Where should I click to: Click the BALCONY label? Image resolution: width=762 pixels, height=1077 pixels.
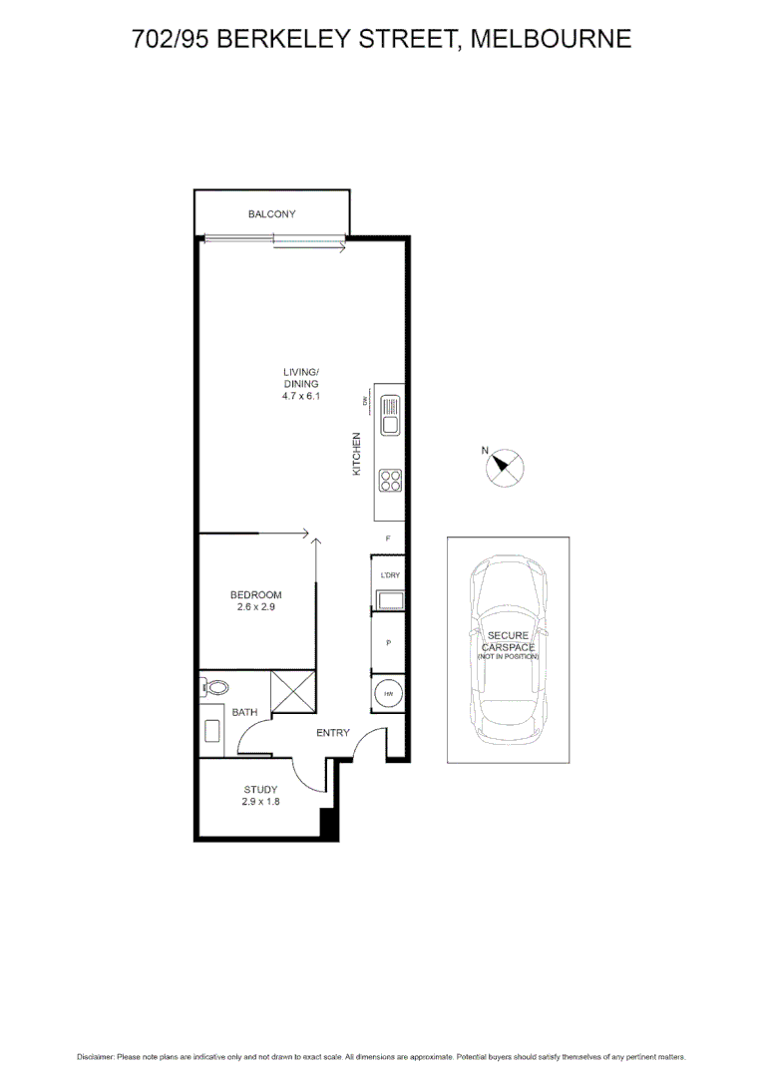pyautogui.click(x=271, y=214)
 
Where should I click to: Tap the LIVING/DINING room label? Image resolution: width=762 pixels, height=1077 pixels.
pyautogui.click(x=300, y=378)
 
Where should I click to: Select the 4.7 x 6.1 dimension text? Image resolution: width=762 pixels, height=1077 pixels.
pyautogui.click(x=300, y=396)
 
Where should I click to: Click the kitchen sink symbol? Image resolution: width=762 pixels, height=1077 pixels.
pyautogui.click(x=389, y=415)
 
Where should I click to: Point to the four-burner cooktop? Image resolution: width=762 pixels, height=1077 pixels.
pyautogui.click(x=389, y=481)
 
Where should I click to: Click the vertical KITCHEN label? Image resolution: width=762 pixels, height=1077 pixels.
pyautogui.click(x=356, y=453)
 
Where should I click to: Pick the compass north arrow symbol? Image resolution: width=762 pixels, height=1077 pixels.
pyautogui.click(x=504, y=466)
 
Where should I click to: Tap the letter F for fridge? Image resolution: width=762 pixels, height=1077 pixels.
pyautogui.click(x=388, y=538)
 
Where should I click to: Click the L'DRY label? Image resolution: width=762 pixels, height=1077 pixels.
pyautogui.click(x=388, y=576)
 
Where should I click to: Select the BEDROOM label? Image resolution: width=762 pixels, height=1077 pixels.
pyautogui.click(x=256, y=595)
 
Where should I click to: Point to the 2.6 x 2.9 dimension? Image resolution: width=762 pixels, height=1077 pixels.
pyautogui.click(x=256, y=606)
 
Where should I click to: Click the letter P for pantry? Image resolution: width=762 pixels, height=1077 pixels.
pyautogui.click(x=388, y=643)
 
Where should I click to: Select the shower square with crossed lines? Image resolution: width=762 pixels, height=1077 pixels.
pyautogui.click(x=295, y=692)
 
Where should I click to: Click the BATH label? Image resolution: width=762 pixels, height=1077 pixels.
pyautogui.click(x=244, y=713)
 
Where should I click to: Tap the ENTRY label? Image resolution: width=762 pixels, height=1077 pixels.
pyautogui.click(x=332, y=734)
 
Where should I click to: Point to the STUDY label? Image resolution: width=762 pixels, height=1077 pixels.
pyautogui.click(x=259, y=789)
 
